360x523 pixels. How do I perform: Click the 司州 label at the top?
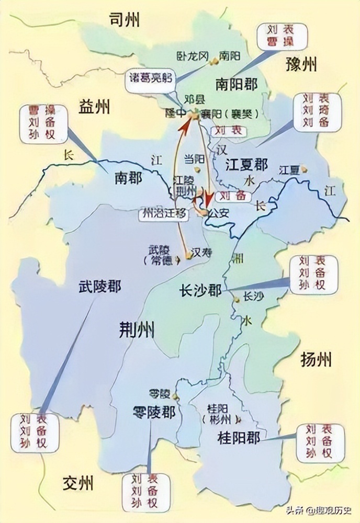pyautogui.click(x=124, y=20)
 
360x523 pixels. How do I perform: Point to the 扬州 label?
pyautogui.click(x=316, y=360)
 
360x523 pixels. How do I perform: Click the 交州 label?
pyautogui.click(x=77, y=482)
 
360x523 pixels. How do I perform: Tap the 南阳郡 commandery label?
pyautogui.click(x=236, y=84)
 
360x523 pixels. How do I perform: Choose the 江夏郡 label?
pyautogui.click(x=246, y=166)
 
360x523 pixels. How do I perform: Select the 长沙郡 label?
pyautogui.click(x=200, y=291)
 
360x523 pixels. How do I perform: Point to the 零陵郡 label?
pyautogui.click(x=154, y=413)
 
